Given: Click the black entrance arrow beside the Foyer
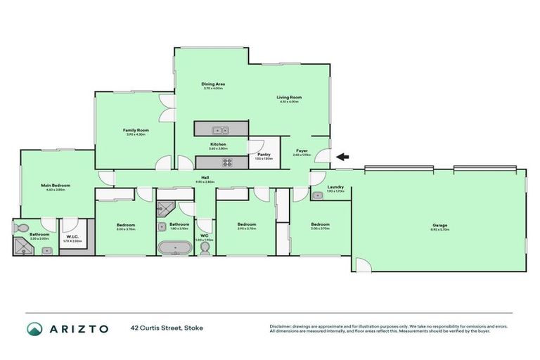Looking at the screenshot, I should point(342,157).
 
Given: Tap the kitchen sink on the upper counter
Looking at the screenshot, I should point(220,129).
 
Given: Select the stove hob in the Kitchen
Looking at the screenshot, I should point(227,162).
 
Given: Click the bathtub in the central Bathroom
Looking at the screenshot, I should point(174,247).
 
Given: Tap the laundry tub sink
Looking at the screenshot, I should point(317,195).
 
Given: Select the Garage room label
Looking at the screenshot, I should point(439,225).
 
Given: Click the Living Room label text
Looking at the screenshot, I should point(288,98).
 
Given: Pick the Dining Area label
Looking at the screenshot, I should point(212,84).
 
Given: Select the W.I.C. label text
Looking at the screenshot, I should point(74,237).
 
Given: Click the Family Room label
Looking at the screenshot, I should point(135,130).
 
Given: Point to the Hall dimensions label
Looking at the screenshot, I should point(205,182).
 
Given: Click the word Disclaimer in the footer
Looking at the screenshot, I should point(281,326).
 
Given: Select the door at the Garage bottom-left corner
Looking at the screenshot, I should point(361,265).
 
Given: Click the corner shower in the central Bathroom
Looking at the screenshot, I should point(165,208).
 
